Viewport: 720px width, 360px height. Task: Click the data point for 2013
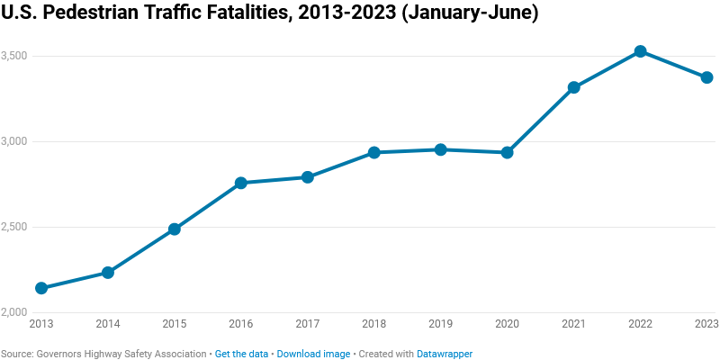pyautogui.click(x=41, y=288)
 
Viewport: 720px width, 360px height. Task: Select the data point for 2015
pyautogui.click(x=175, y=229)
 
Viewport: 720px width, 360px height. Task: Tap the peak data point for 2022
pyautogui.click(x=640, y=51)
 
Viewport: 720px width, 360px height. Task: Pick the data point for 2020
pyautogui.click(x=507, y=152)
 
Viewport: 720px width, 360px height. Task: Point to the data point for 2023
pyautogui.click(x=706, y=77)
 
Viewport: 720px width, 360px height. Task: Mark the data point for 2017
pyautogui.click(x=307, y=177)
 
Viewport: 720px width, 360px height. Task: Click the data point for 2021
pyautogui.click(x=573, y=87)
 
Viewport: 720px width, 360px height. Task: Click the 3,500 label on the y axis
pyautogui.click(x=15, y=56)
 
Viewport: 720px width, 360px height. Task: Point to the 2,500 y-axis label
pyautogui.click(x=15, y=227)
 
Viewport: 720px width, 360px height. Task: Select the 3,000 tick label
pyautogui.click(x=15, y=141)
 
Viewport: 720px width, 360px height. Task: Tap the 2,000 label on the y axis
pyautogui.click(x=15, y=312)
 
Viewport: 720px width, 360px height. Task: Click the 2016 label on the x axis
pyautogui.click(x=241, y=324)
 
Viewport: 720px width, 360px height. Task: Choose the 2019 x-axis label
pyautogui.click(x=440, y=324)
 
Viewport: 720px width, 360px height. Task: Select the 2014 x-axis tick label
pyautogui.click(x=108, y=324)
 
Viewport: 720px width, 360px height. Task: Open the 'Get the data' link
pyautogui.click(x=241, y=354)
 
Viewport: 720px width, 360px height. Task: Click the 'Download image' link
pyautogui.click(x=313, y=354)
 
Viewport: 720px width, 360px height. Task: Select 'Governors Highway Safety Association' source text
pyautogui.click(x=121, y=354)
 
